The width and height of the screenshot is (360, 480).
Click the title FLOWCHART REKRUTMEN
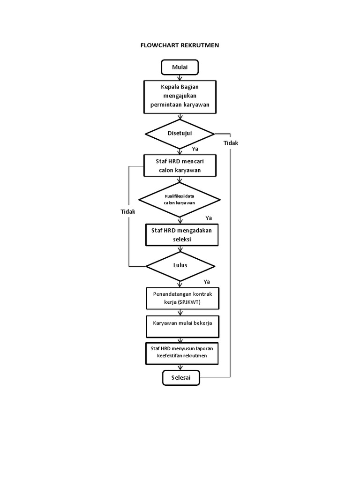(180, 45)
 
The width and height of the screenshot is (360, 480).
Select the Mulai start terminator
(180, 67)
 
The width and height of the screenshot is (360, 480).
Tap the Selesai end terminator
(180, 377)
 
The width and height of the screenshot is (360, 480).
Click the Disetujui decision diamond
(180, 134)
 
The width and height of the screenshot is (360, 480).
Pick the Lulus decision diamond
(180, 265)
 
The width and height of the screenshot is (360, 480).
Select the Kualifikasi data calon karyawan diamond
(180, 200)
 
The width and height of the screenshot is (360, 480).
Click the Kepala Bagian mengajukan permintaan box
(180, 97)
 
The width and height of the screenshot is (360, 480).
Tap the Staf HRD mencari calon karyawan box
(180, 165)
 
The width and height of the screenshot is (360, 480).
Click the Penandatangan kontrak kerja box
(182, 298)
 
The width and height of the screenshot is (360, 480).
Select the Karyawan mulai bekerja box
(182, 326)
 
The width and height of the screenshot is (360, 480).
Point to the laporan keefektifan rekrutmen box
(182, 352)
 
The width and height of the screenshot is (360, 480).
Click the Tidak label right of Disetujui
(231, 143)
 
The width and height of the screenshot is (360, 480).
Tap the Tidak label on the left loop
(127, 212)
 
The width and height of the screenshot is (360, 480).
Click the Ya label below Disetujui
(195, 149)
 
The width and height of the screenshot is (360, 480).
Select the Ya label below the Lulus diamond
(207, 282)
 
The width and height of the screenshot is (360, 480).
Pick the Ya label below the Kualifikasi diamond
(209, 218)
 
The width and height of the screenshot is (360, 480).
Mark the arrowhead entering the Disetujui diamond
(180, 117)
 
